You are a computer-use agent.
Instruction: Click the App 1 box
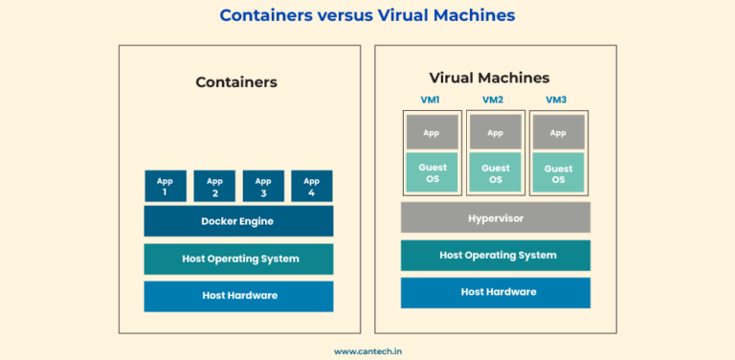(166, 186)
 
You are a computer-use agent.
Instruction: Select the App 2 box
(214, 186)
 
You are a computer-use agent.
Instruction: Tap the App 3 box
(263, 186)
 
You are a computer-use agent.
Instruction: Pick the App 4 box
(312, 186)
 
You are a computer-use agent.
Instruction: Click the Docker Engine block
(238, 221)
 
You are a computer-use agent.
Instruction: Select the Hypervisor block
(495, 218)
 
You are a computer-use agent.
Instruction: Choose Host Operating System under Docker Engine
(238, 259)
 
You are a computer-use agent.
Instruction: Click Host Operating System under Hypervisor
(495, 256)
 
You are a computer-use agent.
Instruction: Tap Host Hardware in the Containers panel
(238, 296)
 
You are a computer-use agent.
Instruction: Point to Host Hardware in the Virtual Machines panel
(495, 292)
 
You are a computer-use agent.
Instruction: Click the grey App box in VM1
(433, 132)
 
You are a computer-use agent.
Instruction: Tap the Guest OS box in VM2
(495, 172)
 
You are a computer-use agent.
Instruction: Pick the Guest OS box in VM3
(558, 172)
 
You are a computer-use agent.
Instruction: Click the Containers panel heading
(236, 82)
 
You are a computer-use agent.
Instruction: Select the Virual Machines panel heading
(490, 78)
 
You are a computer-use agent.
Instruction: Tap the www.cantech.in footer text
(367, 351)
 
